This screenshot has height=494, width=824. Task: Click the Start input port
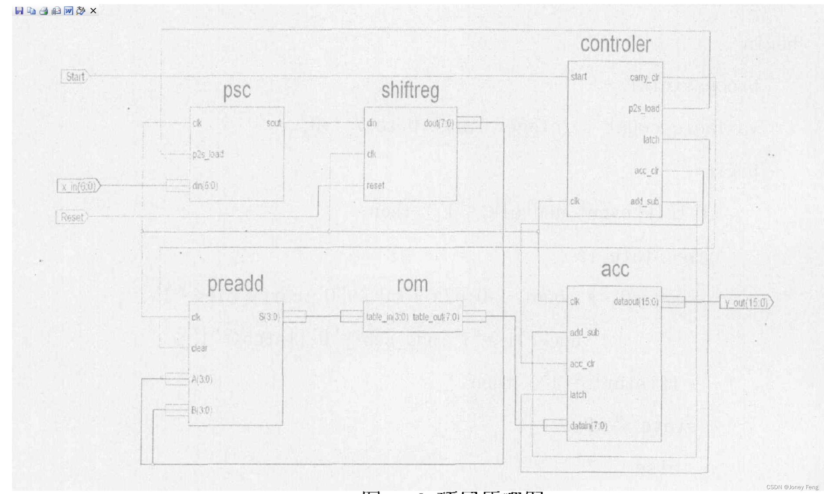click(75, 76)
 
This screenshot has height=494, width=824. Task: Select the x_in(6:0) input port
click(79, 186)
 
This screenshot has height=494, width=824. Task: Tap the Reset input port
click(72, 217)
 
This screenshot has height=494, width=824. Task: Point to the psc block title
click(237, 91)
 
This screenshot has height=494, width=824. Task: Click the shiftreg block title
click(410, 91)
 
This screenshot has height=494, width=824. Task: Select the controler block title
click(615, 44)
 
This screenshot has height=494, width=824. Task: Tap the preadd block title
click(235, 284)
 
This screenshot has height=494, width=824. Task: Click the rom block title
click(412, 284)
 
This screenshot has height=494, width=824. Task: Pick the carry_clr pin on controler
click(644, 78)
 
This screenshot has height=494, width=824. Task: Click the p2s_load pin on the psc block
click(208, 154)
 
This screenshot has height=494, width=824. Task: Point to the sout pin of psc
click(274, 123)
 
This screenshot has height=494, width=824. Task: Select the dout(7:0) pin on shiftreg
click(439, 123)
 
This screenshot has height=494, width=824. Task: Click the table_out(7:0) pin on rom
click(436, 317)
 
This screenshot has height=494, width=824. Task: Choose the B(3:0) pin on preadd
click(202, 410)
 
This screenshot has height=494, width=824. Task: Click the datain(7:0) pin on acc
click(588, 426)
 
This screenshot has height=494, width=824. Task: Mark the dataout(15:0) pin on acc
click(636, 302)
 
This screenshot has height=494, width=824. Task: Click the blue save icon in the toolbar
click(19, 11)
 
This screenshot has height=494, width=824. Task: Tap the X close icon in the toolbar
click(93, 11)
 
